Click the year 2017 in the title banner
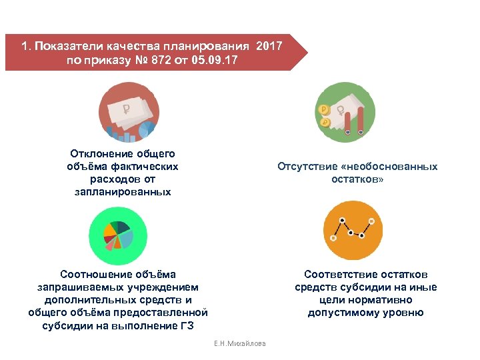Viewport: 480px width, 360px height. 269,47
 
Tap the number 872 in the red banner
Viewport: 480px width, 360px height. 164,61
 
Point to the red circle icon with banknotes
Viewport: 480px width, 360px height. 127,112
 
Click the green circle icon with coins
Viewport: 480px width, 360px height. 345,112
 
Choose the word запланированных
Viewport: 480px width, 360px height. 123,192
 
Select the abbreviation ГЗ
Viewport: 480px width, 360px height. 188,325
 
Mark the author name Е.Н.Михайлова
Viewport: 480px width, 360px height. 239,343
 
